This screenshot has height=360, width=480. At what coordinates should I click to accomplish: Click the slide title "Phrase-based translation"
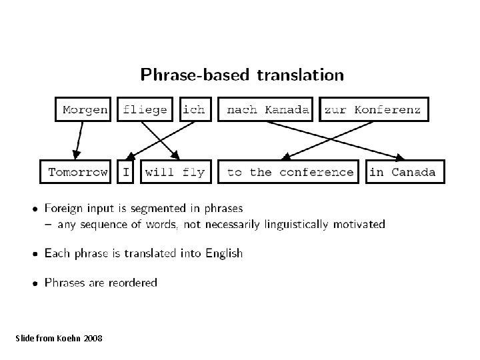(242, 75)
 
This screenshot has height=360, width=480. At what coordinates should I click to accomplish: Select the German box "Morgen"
(85, 110)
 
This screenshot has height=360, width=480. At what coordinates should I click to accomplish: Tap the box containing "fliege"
(145, 110)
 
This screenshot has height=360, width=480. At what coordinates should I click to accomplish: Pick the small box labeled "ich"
(194, 110)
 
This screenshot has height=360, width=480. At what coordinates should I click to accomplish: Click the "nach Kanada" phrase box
(268, 110)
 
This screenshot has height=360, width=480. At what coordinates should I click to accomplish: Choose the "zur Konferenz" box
(372, 110)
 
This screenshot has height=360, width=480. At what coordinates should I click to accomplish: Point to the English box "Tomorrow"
(78, 172)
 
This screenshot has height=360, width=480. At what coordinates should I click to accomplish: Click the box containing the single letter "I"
(125, 172)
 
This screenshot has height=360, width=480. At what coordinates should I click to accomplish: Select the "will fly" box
(175, 172)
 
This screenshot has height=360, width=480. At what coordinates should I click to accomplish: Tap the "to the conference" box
(290, 172)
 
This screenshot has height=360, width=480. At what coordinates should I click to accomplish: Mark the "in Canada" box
(402, 172)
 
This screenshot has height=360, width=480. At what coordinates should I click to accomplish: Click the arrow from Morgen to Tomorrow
(78, 141)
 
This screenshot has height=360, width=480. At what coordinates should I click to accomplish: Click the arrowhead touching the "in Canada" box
(400, 158)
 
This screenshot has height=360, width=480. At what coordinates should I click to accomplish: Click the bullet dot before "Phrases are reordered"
(35, 283)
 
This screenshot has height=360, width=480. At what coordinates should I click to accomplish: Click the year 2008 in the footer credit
(93, 339)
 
